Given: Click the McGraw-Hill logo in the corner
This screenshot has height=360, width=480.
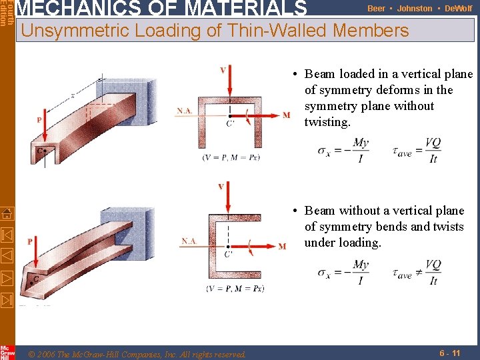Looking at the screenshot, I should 7,352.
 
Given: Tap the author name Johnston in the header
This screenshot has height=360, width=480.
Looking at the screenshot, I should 414,9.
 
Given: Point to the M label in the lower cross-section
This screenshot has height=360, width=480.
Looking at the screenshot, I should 282,246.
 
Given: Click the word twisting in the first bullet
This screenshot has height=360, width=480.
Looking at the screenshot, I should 327,122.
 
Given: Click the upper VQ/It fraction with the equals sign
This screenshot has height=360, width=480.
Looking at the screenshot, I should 433,151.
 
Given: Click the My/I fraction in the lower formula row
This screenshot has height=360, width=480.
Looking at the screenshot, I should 361,273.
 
